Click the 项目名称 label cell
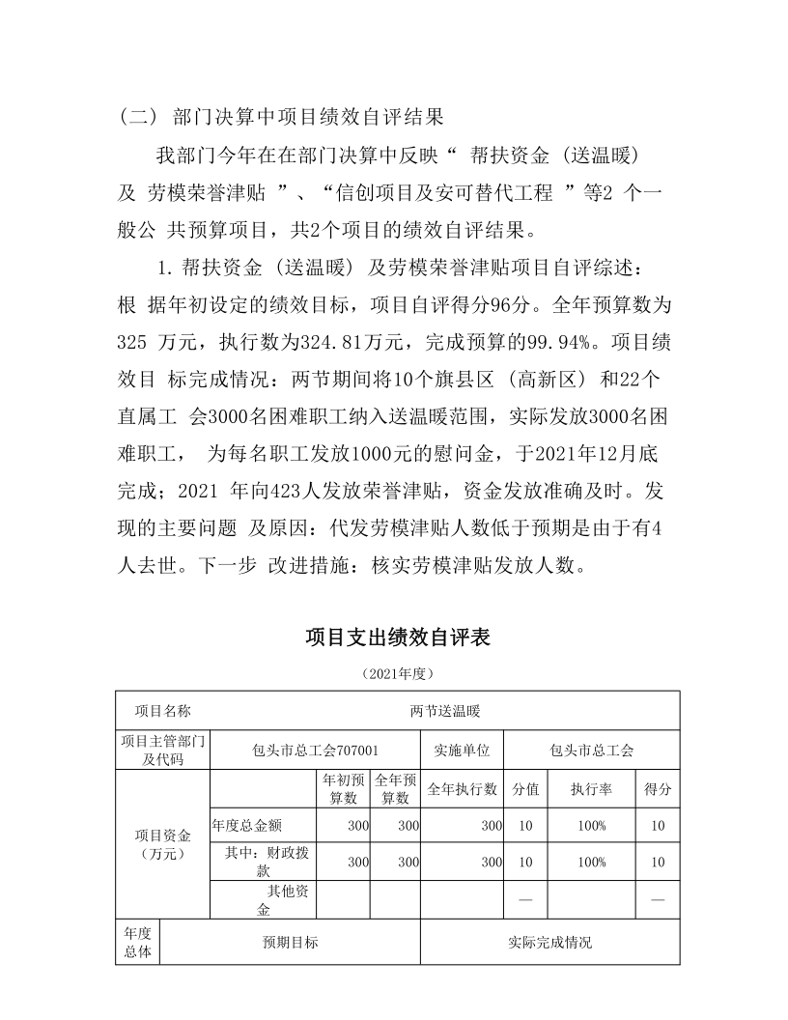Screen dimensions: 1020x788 pos(162,711)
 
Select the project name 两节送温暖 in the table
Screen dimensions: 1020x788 pos(445,711)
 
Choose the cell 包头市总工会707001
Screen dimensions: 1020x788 pos(315,750)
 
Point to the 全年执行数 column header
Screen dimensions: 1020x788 pos(462,789)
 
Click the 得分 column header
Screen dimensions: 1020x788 pos(658,789)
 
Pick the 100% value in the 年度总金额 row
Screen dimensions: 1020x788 pos(591,826)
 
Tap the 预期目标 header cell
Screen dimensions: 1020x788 pos(291,943)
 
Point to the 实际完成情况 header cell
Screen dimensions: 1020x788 pos(549,943)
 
